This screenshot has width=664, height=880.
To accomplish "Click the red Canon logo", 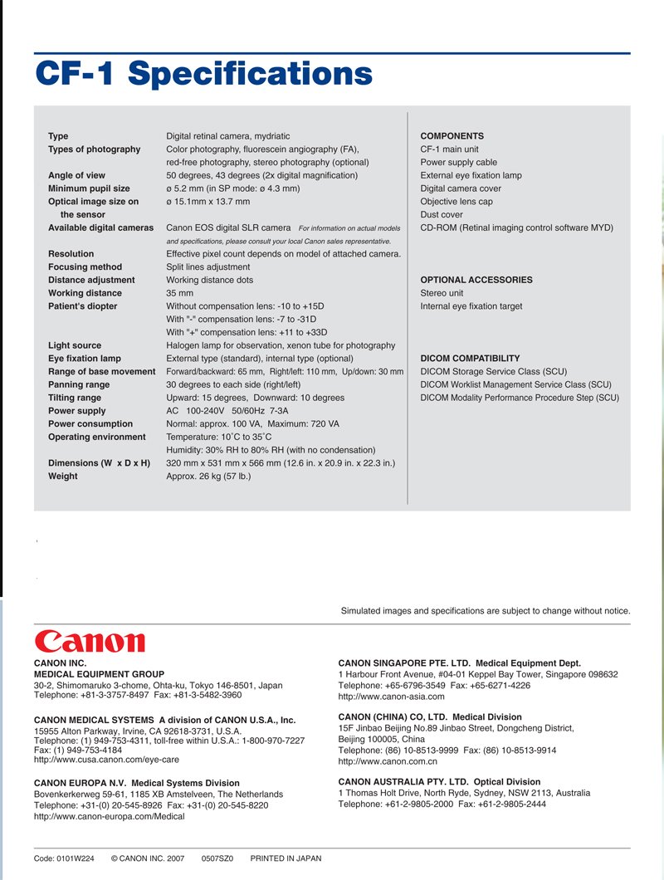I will click(x=90, y=641).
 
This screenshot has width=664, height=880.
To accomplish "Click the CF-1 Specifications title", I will click(x=203, y=73).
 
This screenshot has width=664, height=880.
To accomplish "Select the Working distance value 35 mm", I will click(x=179, y=293).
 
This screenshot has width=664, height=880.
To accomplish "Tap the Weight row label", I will click(x=63, y=477).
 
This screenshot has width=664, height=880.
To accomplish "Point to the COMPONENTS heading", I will click(x=452, y=136).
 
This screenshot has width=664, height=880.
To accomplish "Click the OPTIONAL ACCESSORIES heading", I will click(x=476, y=281).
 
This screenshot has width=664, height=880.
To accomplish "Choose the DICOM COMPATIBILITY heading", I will click(x=470, y=359).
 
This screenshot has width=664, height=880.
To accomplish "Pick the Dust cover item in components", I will click(x=442, y=215).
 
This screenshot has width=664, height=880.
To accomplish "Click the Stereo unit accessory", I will click(x=442, y=293).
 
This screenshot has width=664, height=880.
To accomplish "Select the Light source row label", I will click(x=75, y=345).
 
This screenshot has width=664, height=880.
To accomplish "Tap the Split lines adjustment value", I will click(x=207, y=267).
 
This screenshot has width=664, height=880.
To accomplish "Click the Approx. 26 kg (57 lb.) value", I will click(x=208, y=477).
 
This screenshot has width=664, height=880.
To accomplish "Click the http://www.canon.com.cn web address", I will click(x=388, y=761).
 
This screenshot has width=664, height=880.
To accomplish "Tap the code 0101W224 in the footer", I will click(x=64, y=858).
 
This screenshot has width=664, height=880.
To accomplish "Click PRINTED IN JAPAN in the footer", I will click(x=286, y=858).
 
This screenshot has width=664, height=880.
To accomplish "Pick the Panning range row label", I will click(x=79, y=385).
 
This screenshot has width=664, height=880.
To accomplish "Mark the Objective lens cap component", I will click(x=456, y=202).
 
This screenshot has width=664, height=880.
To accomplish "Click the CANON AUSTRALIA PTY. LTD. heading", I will click(x=439, y=782).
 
